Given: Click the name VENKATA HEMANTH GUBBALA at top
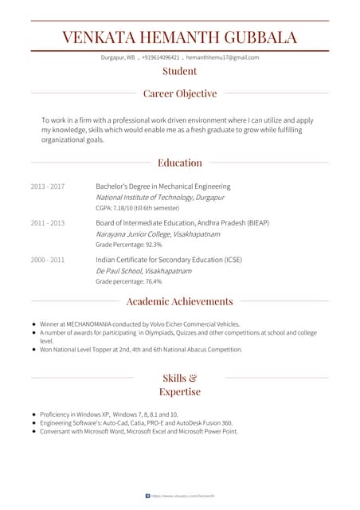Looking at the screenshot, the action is point(180,37).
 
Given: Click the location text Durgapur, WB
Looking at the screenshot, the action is point(118,57).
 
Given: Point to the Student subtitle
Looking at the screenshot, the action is point(180,71).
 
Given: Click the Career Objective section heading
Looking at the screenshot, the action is point(180,93).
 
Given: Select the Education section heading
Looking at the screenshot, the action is point(180,163).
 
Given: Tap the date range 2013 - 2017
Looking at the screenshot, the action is point(48,186).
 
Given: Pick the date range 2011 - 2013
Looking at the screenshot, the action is point(48,223).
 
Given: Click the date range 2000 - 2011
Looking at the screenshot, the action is point(48,260).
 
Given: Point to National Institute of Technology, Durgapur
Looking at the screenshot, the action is point(160,197).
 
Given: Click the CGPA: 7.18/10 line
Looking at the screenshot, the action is point(137,207).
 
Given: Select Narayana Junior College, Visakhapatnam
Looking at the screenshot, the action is point(158,234).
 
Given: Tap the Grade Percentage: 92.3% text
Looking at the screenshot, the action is point(129,245).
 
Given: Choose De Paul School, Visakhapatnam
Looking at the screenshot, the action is point(144,271).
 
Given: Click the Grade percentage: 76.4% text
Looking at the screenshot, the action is point(129,281).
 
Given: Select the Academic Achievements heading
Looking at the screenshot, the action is point(180,301).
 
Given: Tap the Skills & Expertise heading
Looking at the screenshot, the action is point(180,384).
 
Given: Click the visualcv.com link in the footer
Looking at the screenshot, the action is point(183,496).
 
